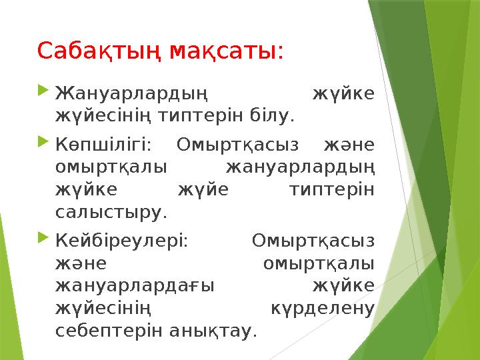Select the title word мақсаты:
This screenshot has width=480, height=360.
[x=228, y=51]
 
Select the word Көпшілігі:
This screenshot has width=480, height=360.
[x=103, y=144]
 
